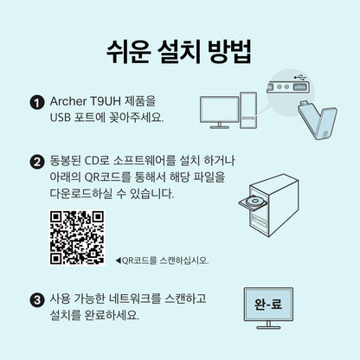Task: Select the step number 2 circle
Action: coord(36,162)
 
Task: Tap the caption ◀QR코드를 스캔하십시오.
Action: coord(161,260)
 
